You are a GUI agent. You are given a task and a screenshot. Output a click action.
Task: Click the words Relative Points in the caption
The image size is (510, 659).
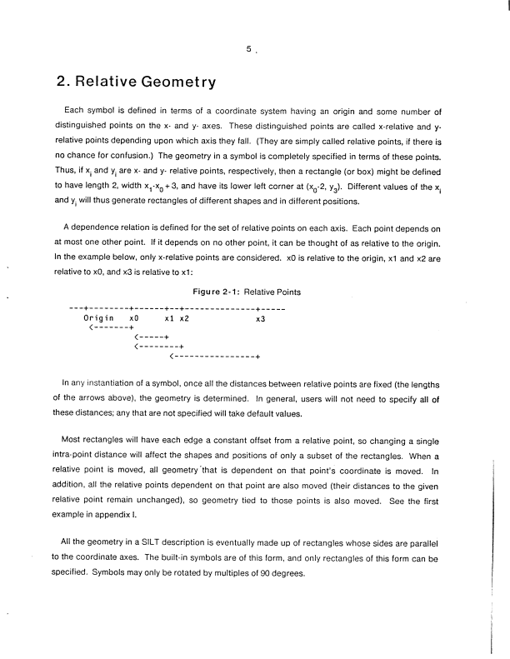276,292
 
